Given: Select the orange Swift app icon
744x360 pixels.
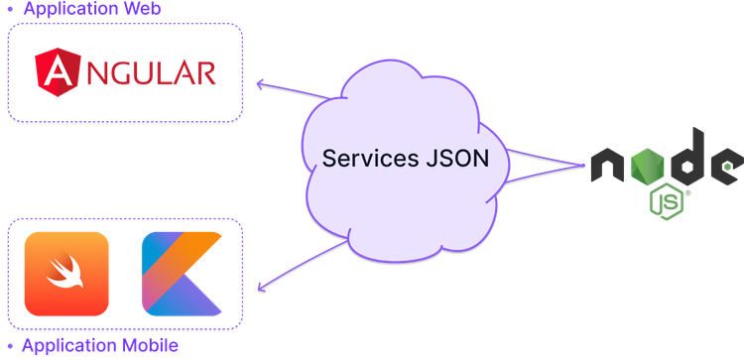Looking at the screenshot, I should pos(65,274).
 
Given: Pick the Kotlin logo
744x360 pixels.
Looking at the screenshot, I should pos(182,274).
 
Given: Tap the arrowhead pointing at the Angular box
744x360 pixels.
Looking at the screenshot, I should pos(260,83).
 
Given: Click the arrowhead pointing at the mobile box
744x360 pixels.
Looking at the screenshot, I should pos(261,288).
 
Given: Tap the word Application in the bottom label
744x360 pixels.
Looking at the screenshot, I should pos(65,346).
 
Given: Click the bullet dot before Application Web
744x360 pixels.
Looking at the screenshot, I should pos(9,9).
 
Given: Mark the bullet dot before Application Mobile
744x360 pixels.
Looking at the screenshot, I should pos(9,346).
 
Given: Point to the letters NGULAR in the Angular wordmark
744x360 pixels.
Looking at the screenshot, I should pos(148,71).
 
